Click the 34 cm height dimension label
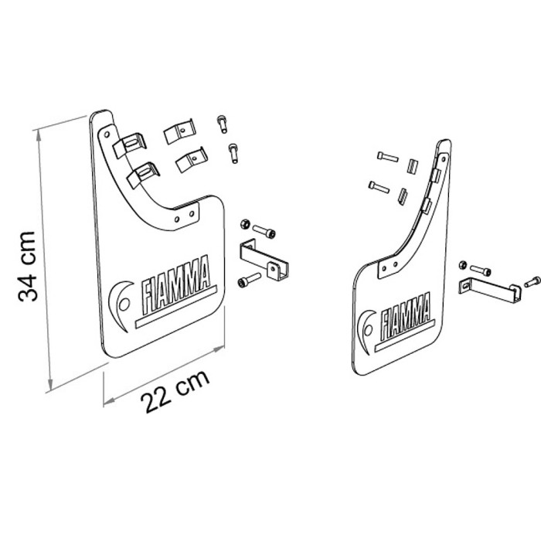(28, 267)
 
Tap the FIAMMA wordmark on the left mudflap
(177, 285)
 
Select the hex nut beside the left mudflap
(245, 224)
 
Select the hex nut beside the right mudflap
(463, 265)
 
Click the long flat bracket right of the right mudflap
(489, 288)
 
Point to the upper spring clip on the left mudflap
(130, 145)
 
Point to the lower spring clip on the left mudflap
(143, 175)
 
